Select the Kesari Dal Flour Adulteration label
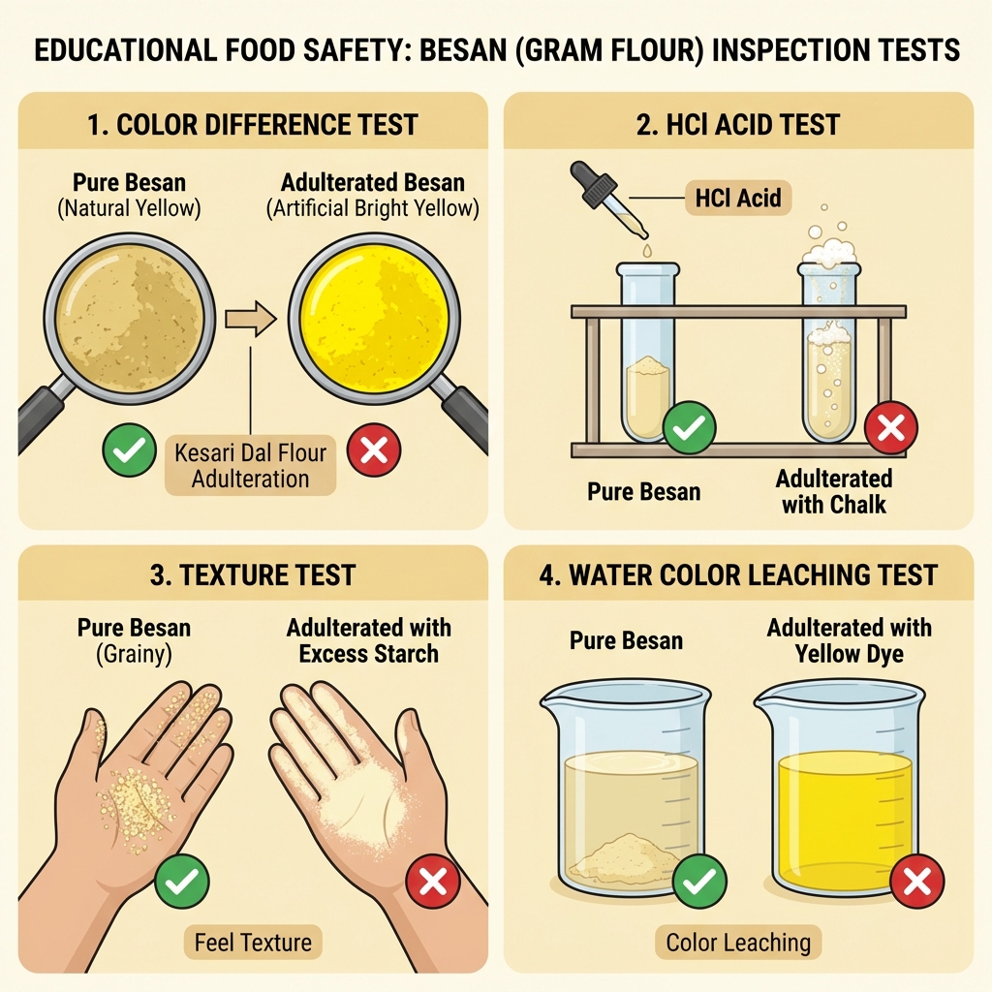coord(250,465)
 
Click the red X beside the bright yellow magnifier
coord(374,449)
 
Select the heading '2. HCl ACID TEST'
coord(738,125)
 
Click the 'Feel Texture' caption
coord(253,942)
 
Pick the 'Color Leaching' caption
coord(738,942)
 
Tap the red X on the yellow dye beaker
coord(916,882)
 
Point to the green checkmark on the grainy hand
coord(182,882)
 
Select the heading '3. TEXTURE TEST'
coord(253,574)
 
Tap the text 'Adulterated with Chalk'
coord(833,491)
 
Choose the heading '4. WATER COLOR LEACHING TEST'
coord(738,574)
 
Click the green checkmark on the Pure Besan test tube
coord(689,427)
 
